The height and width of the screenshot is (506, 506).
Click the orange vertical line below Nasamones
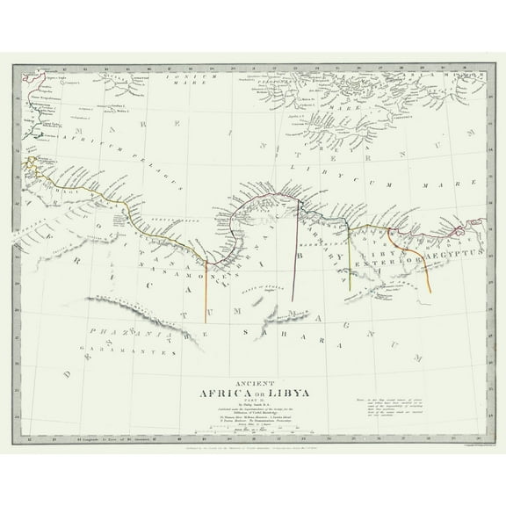(x=206, y=286)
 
